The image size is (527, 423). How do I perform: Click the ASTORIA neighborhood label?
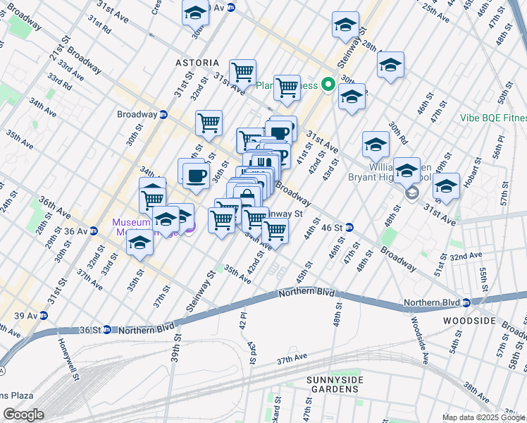197,63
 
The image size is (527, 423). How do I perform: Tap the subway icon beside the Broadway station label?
163,114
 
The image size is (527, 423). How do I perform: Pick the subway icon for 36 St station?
106,329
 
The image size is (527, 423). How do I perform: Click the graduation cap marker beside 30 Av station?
196,13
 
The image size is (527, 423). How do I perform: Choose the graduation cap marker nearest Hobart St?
446,187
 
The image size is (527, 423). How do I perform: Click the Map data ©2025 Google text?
483,417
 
